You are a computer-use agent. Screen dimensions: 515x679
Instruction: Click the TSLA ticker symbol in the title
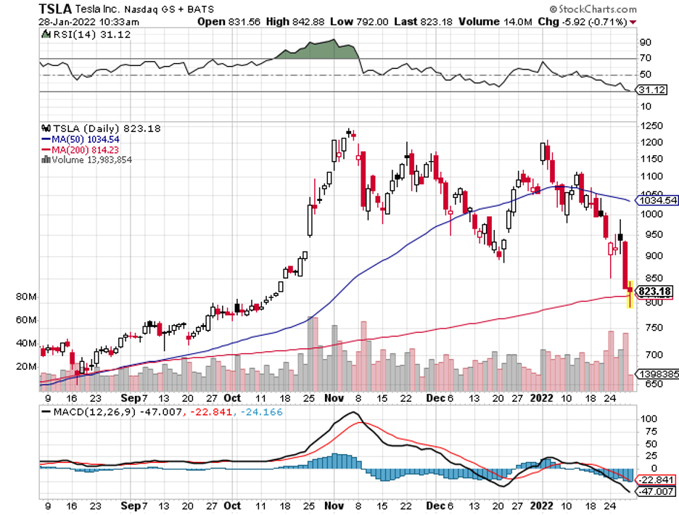click(55, 9)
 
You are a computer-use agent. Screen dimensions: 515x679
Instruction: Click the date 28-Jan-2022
click(69, 22)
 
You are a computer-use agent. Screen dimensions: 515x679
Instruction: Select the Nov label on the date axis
click(334, 398)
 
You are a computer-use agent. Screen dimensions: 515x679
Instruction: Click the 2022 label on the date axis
click(542, 398)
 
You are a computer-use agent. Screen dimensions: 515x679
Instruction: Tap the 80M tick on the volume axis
click(26, 297)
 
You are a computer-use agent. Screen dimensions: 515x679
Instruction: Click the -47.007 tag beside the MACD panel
click(655, 492)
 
